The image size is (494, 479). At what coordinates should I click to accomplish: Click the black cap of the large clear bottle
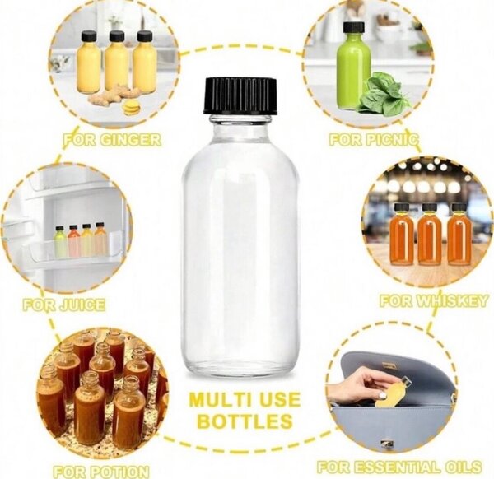pyautogui.click(x=240, y=96)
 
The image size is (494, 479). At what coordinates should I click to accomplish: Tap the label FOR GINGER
pyautogui.click(x=113, y=139)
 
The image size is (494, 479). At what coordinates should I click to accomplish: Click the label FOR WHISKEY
pyautogui.click(x=434, y=301)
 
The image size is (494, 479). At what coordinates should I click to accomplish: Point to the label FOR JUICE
pyautogui.click(x=64, y=305)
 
